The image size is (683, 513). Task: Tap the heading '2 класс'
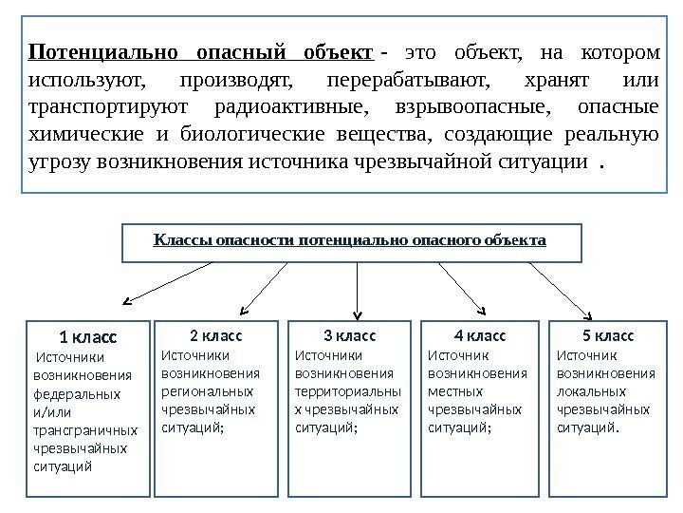pos(216,335)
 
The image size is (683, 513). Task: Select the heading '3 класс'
pos(349,335)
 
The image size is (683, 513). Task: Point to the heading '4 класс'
pos(480,335)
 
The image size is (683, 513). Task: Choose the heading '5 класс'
pos(608,335)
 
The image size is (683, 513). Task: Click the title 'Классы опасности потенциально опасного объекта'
pos(350,239)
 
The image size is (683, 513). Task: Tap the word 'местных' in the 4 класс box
pos(456,390)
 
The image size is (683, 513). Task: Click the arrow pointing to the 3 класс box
pos(357,290)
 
